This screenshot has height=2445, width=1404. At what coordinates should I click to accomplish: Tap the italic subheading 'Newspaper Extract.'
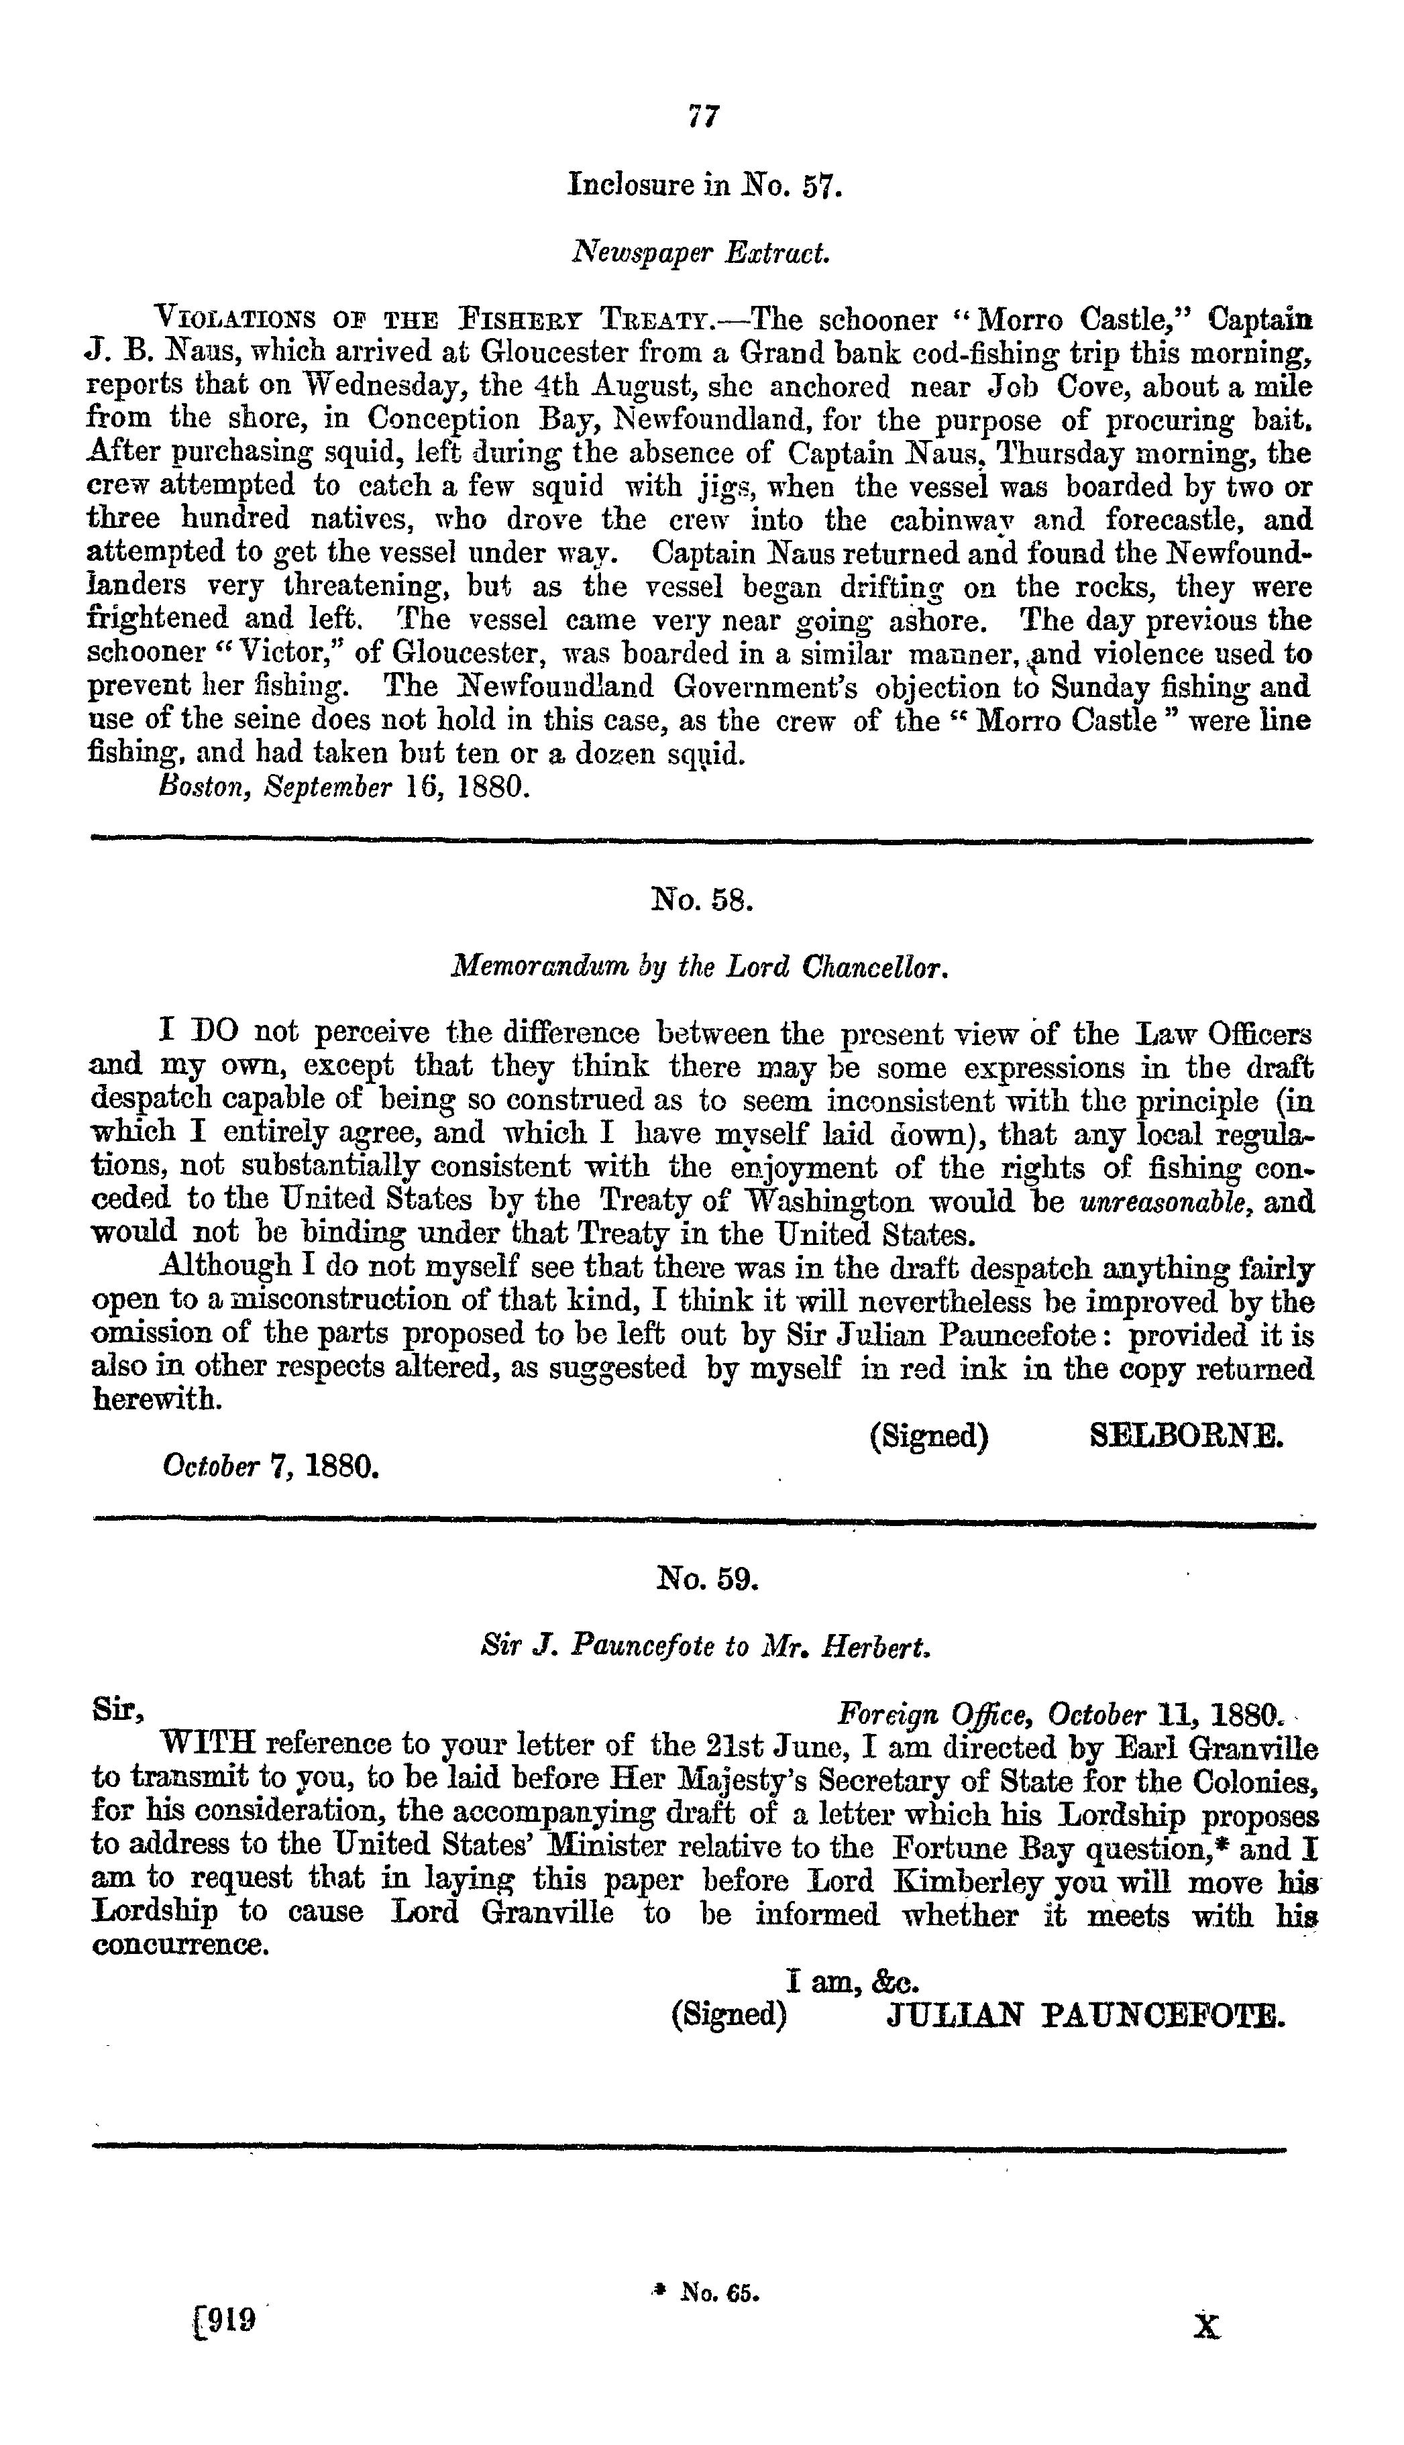(701, 253)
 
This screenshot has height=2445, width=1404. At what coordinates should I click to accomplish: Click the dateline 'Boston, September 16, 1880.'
(342, 785)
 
